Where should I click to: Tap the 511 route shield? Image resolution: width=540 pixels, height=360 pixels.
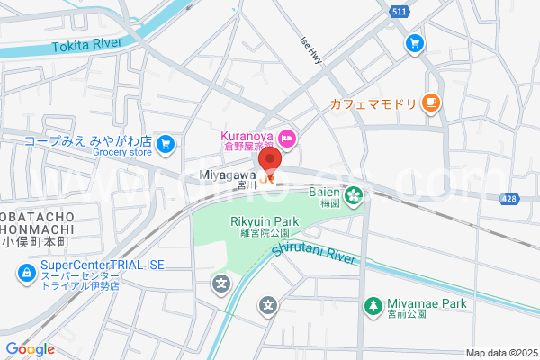400,11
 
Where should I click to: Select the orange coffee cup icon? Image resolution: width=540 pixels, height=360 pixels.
431,103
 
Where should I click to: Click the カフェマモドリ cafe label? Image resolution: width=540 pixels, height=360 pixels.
372,103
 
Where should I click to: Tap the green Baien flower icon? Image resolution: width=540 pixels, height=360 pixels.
354,193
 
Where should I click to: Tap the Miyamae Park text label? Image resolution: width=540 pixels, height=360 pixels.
427,304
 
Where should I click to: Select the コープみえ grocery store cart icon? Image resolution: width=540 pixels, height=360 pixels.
165,144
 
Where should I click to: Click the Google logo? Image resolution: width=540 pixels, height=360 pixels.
30,349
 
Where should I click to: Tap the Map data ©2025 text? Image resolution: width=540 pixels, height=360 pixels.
499,353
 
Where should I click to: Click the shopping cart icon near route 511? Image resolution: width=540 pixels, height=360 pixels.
414,42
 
